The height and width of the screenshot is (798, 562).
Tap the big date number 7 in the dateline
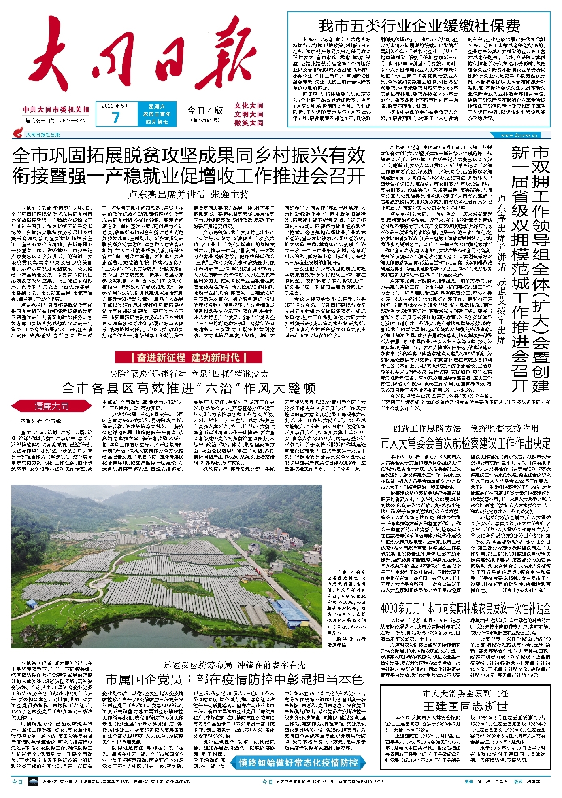tap(116, 117)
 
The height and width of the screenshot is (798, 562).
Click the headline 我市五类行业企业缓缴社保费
tap(419, 26)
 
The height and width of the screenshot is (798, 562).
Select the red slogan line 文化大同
tap(249, 106)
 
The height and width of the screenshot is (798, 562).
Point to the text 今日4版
tap(205, 110)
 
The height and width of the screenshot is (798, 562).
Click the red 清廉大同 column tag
tap(51, 406)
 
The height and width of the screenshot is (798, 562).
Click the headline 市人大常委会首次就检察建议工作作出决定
tap(466, 443)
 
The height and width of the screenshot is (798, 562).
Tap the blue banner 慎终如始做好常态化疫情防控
tap(298, 763)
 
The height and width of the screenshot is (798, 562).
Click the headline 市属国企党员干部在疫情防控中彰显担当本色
tap(234, 679)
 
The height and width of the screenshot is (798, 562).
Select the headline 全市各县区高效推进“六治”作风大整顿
tap(189, 388)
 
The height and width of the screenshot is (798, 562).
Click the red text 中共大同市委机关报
tap(56, 110)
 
